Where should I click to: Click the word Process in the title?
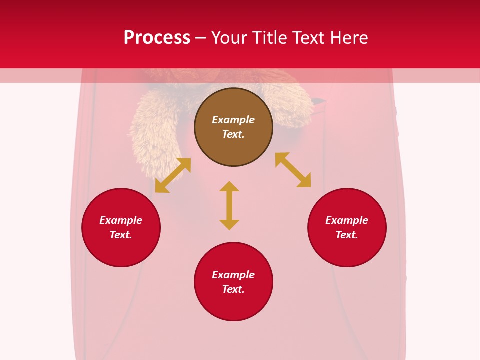coord(157,38)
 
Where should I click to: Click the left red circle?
coord(121,250)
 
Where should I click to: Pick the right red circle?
coord(347,250)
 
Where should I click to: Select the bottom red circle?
coord(233,305)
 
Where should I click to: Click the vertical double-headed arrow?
coord(229,205)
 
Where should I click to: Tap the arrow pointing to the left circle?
coord(173,175)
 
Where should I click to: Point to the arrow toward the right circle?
coord(293,170)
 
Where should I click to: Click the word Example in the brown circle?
coord(233,120)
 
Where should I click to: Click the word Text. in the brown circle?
coord(233,134)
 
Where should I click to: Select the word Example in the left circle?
coord(121,220)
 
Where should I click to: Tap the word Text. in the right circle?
coord(347,235)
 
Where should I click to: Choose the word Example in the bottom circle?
coord(233,275)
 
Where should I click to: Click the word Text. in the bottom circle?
coord(233,289)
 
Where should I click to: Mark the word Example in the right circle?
coord(347,220)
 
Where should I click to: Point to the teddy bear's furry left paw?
coord(152,135)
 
